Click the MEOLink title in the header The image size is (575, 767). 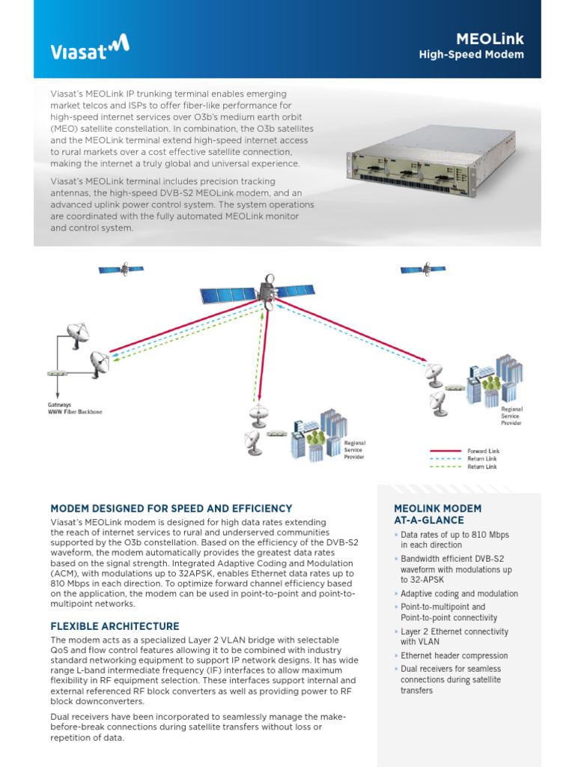[490, 38]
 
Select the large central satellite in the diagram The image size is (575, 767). [267, 291]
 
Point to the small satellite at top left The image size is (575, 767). [121, 268]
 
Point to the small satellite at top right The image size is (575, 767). [424, 268]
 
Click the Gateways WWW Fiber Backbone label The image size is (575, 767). [75, 409]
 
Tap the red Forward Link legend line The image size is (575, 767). [445, 451]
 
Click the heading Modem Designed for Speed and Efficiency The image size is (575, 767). [171, 509]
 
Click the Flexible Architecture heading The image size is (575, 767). [115, 626]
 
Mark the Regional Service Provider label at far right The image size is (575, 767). [511, 416]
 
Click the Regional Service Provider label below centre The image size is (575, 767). [354, 449]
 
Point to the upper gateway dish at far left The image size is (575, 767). [76, 335]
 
